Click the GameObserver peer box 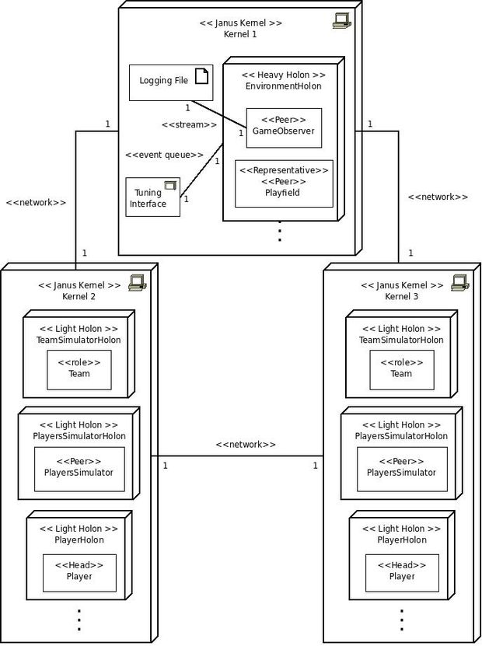[284, 127]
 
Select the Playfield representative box [284, 183]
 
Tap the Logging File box [171, 82]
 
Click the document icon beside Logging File [201, 76]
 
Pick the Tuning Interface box [153, 197]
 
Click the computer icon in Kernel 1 [341, 20]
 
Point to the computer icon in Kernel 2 [138, 283]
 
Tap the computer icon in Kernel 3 [460, 283]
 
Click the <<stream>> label [189, 124]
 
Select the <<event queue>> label [164, 155]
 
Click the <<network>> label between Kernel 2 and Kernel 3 [246, 444]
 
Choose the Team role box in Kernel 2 [79, 370]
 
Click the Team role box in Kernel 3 [402, 370]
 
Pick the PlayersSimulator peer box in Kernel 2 [79, 470]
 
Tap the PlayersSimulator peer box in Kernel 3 [402, 470]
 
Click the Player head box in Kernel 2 [79, 573]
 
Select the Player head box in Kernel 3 [402, 573]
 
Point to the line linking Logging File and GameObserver [218, 114]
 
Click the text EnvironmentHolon [284, 86]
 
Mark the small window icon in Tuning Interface [170, 185]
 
